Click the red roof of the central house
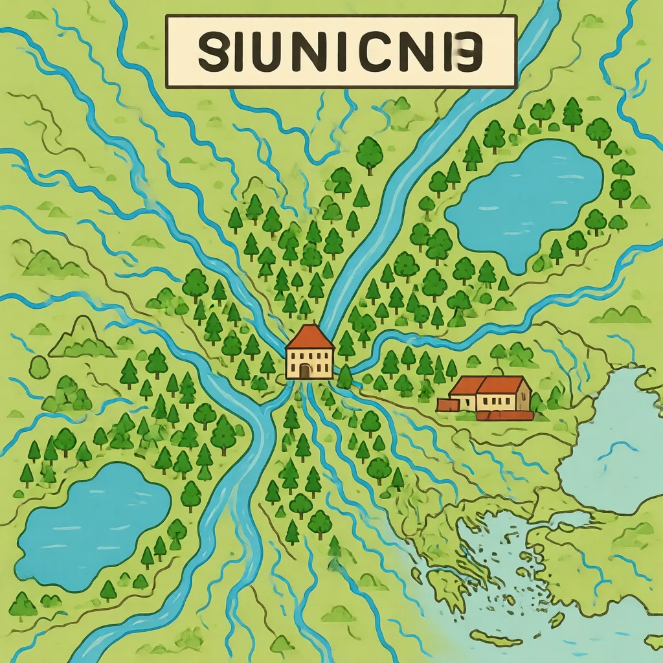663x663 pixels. [x=309, y=337]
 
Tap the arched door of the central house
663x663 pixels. [x=305, y=371]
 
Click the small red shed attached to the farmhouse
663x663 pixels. [x=447, y=405]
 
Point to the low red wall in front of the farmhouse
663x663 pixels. [x=505, y=415]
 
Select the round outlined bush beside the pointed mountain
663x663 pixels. [x=39, y=367]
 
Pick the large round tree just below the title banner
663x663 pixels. [x=370, y=153]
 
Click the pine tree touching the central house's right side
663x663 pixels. [x=344, y=376]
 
